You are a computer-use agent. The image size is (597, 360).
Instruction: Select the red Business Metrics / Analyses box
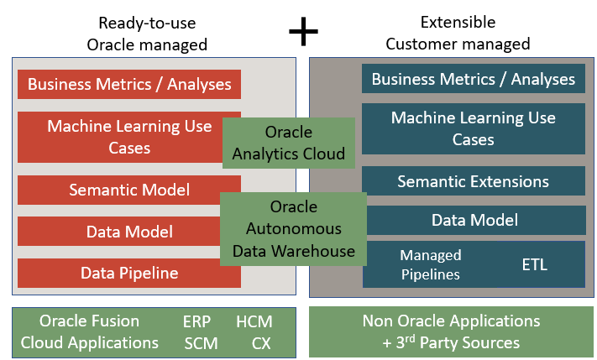(129, 85)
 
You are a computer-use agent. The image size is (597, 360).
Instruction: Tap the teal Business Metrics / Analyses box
(473, 80)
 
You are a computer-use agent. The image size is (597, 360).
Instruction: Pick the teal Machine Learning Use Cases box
(473, 128)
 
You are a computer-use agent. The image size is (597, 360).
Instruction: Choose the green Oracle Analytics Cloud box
(289, 143)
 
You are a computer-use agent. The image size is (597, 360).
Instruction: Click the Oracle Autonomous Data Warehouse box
(293, 228)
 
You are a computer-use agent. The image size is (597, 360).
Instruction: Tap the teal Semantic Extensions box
(473, 181)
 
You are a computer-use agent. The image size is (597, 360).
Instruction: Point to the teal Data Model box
(473, 221)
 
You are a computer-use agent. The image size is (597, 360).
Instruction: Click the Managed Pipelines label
(430, 264)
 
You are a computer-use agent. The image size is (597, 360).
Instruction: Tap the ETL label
(534, 265)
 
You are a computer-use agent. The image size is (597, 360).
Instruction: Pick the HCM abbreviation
(254, 321)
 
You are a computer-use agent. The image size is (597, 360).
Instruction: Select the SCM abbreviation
(201, 342)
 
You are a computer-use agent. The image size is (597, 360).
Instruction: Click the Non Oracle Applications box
(452, 332)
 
